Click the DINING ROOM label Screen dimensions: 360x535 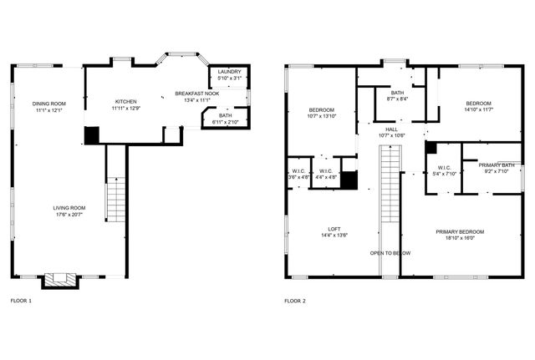[50, 104]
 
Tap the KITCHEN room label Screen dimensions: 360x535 [126, 101]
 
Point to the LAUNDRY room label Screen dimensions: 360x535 [229, 72]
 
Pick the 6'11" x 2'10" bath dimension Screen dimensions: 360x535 [226, 122]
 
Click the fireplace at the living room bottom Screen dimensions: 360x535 [59, 281]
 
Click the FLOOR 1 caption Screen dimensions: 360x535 [21, 300]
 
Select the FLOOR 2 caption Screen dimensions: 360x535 [295, 300]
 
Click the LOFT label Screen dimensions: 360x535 [334, 229]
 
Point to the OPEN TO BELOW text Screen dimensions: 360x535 [390, 252]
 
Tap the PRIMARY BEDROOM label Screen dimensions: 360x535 [459, 231]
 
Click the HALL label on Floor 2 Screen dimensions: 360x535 [391, 129]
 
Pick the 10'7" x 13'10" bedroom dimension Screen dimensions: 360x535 [322, 116]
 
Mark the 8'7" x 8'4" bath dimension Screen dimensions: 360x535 [396, 99]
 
